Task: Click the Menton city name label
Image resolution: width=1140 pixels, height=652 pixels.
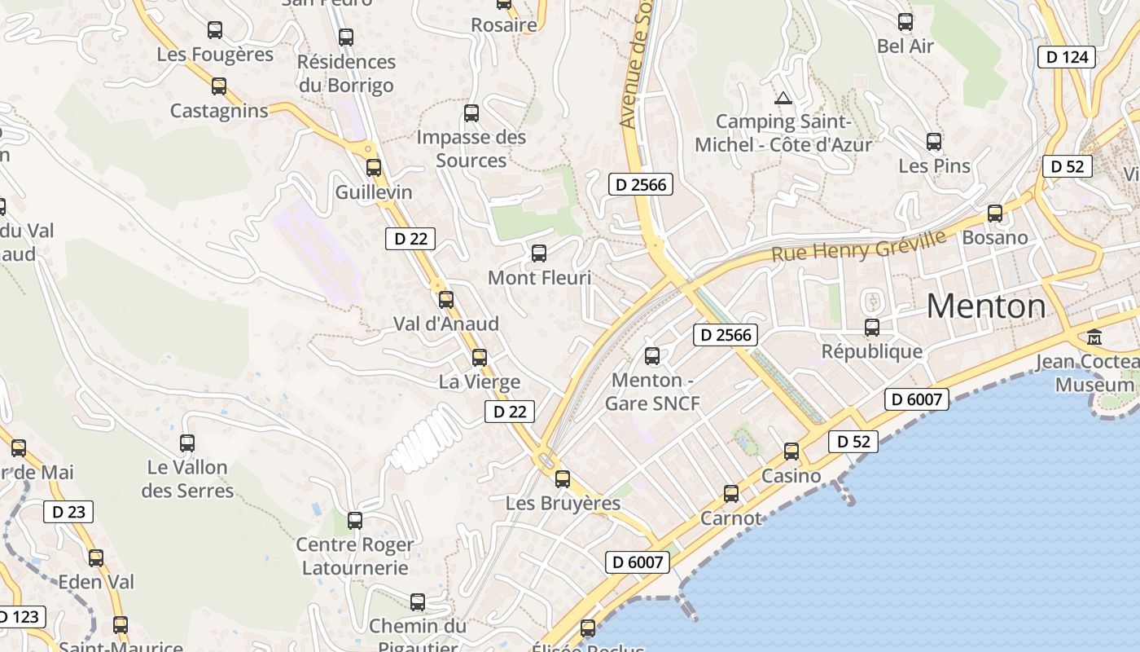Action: (986, 306)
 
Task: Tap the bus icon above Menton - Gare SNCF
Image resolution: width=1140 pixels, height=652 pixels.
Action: (652, 356)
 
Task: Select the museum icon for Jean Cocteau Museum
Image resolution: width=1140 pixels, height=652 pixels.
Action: (1094, 337)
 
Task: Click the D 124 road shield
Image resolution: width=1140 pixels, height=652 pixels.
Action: (1067, 57)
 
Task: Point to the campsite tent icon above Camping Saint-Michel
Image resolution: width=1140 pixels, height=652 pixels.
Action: (783, 99)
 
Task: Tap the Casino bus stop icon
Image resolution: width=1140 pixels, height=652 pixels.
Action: (791, 452)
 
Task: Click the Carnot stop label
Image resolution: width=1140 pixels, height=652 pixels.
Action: (731, 518)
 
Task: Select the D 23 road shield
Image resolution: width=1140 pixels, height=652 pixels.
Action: (68, 512)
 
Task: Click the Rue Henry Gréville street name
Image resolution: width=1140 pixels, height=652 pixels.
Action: (858, 245)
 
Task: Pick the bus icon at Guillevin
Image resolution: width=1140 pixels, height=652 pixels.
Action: (374, 168)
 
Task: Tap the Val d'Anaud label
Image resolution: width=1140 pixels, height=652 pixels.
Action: (446, 324)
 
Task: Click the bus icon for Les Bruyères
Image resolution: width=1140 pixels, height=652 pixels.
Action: (563, 479)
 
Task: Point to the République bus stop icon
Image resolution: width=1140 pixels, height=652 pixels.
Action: (872, 328)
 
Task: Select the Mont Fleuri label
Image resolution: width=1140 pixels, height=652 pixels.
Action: (539, 278)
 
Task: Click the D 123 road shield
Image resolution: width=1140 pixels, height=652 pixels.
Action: (20, 617)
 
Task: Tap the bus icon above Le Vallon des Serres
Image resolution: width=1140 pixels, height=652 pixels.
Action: (187, 443)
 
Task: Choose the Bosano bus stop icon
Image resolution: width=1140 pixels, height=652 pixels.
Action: (995, 214)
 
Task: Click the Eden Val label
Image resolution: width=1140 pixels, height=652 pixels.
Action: (96, 582)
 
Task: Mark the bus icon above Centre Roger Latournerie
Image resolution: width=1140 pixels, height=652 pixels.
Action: (355, 521)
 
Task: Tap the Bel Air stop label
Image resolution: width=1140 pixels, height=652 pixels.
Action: (905, 46)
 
